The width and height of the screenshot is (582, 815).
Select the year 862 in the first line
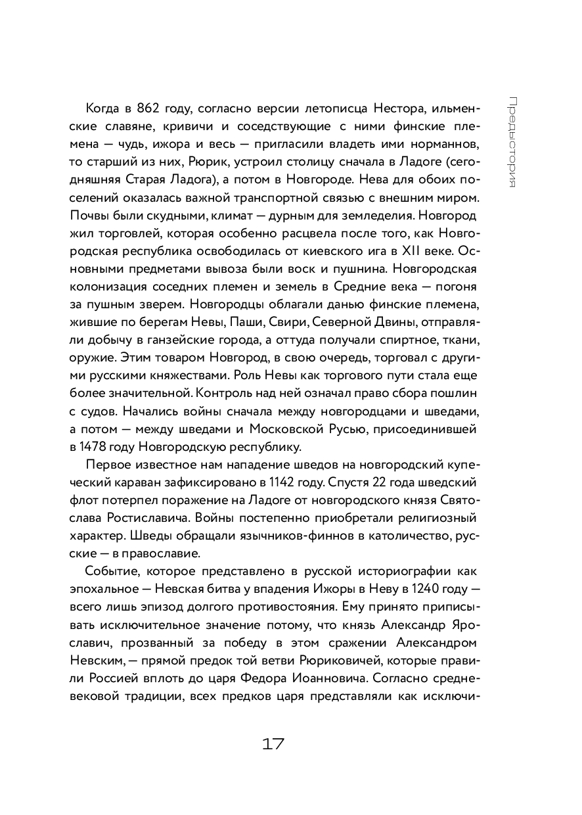pyautogui.click(x=153, y=108)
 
